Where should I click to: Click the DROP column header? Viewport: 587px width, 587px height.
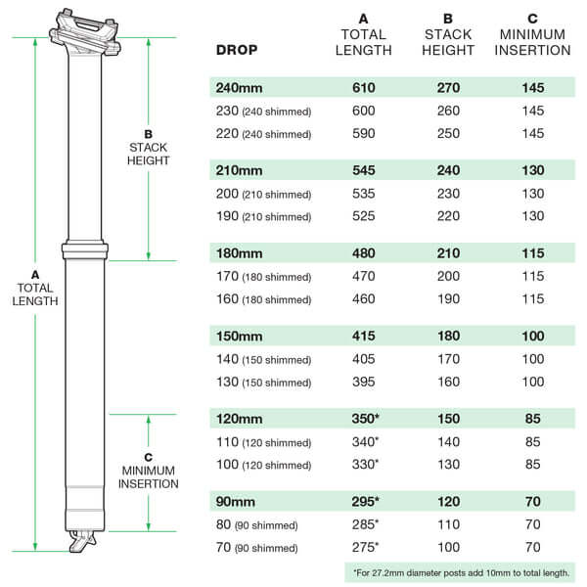coord(237,50)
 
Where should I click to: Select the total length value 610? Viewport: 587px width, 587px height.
coord(364,88)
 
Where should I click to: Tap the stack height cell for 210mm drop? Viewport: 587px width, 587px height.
coord(448,170)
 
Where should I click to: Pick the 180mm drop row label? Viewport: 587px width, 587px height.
coord(239,253)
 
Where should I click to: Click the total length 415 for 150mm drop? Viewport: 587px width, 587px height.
coord(364,336)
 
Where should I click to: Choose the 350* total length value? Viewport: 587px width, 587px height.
coord(365,419)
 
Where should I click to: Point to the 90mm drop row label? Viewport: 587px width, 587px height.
coord(235,502)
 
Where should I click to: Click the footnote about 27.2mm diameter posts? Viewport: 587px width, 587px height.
coord(461,572)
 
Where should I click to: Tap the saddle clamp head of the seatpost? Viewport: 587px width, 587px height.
coord(85,33)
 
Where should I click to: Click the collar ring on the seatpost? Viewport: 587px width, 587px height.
coord(85,249)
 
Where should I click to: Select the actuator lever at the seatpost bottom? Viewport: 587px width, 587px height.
coord(82,541)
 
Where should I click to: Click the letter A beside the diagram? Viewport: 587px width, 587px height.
coord(35,275)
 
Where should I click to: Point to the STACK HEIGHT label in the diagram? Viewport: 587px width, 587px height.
coord(149,154)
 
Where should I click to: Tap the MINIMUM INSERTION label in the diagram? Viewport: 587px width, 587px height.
coord(149,477)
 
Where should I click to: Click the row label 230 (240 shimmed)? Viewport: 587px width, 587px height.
coord(263,112)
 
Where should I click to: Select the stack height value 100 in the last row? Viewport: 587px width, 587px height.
coord(448,547)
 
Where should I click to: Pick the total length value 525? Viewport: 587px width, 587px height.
coord(364,216)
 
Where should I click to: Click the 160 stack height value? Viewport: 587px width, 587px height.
coord(448,382)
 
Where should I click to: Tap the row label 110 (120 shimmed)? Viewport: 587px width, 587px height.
coord(263,442)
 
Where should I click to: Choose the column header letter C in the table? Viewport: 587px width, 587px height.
coord(532,19)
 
